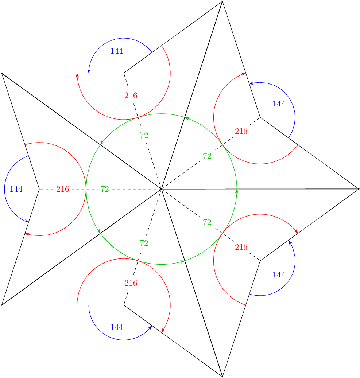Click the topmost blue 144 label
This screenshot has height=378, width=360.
point(116,51)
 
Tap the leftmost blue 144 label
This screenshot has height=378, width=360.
point(16,189)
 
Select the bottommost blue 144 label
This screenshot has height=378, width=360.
point(116,327)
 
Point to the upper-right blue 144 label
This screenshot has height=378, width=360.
point(279,104)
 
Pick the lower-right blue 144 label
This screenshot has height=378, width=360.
point(279,275)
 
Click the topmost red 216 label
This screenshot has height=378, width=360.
point(131,96)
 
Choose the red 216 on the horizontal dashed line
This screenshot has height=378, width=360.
point(63,189)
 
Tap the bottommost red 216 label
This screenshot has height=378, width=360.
point(131,283)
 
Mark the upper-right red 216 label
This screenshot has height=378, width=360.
point(241,131)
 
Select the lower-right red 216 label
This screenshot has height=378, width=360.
point(241,247)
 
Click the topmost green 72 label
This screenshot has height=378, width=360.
point(144,136)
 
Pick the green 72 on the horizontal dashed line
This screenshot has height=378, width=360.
point(105,189)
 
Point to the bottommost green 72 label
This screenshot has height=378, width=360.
point(144,243)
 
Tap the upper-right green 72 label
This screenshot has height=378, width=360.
point(207,156)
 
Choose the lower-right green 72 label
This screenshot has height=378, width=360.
point(207,222)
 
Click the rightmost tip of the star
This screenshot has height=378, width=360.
point(359,189)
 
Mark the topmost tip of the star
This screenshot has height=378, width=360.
point(222,2)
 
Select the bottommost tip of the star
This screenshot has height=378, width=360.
point(222,376)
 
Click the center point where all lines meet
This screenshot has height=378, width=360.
point(161,189)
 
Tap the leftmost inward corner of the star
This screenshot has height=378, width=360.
point(39,189)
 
